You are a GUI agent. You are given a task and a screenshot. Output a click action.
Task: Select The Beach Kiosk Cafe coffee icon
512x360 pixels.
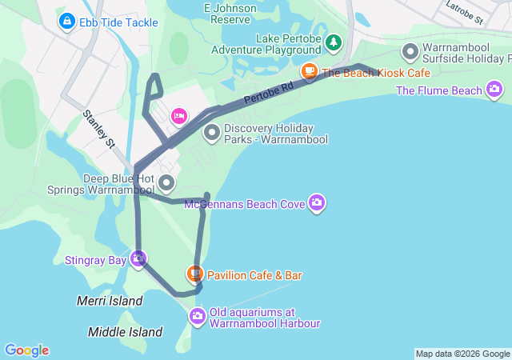pyautogui.click(x=309, y=72)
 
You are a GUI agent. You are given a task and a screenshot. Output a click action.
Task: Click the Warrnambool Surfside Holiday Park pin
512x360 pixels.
pyautogui.click(x=410, y=53)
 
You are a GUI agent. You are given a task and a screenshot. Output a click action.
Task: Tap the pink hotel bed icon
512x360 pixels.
pyautogui.click(x=178, y=117)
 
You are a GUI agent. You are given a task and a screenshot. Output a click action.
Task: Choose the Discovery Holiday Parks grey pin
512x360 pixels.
pyautogui.click(x=212, y=133)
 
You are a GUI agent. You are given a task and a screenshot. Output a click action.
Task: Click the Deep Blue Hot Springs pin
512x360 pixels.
pyautogui.click(x=166, y=184)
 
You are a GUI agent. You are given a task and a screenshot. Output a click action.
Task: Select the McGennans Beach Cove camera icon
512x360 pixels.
pyautogui.click(x=317, y=203)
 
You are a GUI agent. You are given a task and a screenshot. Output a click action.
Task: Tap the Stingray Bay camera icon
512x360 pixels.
pyautogui.click(x=138, y=259)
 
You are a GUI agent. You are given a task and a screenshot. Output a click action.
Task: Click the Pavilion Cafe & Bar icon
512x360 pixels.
pyautogui.click(x=194, y=274)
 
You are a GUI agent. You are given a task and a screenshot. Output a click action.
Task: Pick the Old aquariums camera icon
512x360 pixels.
pyautogui.click(x=198, y=317)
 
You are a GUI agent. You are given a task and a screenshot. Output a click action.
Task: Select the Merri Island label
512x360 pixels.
pyautogui.click(x=110, y=301)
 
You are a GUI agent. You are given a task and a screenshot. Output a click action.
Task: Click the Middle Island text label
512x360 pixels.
pyautogui.click(x=126, y=331)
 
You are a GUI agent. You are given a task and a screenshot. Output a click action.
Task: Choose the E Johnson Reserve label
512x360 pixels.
pyautogui.click(x=231, y=13)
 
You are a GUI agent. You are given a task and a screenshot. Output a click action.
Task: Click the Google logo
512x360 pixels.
pyautogui.click(x=26, y=350)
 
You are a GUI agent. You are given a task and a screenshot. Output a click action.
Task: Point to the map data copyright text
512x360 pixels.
pyautogui.click(x=462, y=354)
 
